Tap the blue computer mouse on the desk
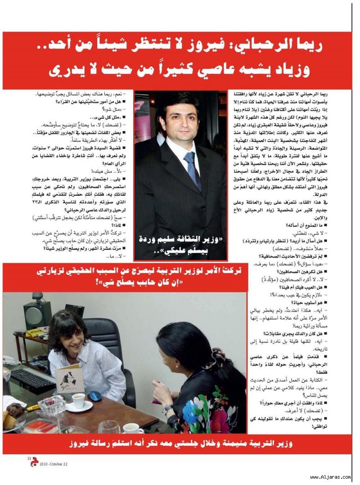pyautogui.click(x=95, y=395)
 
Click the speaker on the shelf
pyautogui.click(x=36, y=314)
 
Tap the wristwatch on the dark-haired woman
pyautogui.click(x=168, y=408)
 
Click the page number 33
pyautogui.click(x=29, y=458)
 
